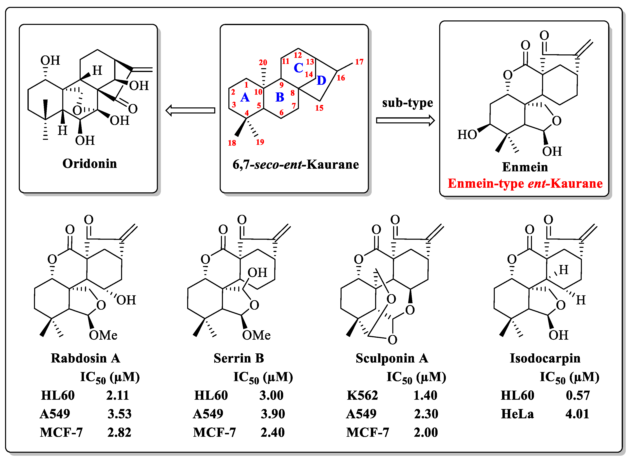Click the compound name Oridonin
pos(90,163)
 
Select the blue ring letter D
pos(321,81)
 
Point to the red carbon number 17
pos(359,62)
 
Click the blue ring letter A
pos(245,98)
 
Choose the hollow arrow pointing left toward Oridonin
pos(190,110)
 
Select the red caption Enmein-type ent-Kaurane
pos(525,183)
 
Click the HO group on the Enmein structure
pos(467,135)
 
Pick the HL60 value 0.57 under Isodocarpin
pos(578,395)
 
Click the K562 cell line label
pos(362,395)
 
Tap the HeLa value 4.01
pos(577,414)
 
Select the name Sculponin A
pos(392,358)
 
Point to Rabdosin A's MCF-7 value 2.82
pos(119,432)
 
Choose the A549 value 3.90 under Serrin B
pos(273,414)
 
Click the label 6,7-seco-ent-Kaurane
pos(295,165)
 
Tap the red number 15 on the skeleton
pos(319,108)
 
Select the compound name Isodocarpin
pos(545,358)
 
